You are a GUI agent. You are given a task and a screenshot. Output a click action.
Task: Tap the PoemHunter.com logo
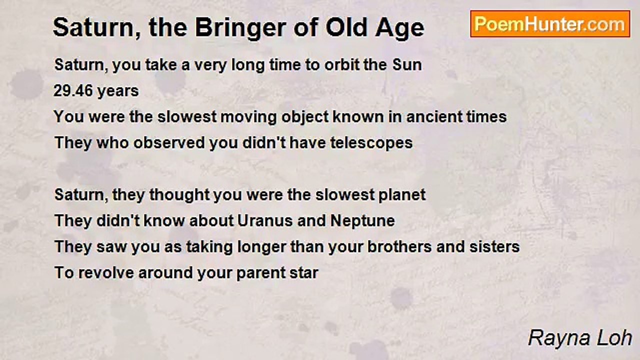(550, 24)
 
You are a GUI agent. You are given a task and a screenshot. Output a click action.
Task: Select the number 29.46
(73, 91)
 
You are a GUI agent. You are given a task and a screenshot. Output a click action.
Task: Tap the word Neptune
(362, 221)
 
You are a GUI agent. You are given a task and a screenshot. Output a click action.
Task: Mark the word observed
(169, 143)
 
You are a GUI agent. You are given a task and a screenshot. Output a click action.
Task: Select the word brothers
(399, 247)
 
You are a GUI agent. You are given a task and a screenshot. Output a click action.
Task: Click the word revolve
(106, 273)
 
